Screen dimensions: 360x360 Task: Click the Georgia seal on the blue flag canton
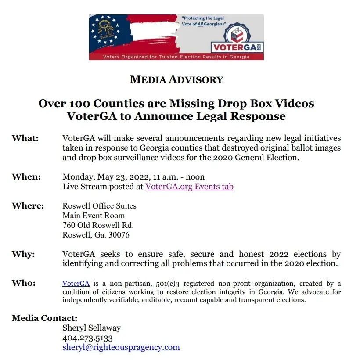coord(105,28)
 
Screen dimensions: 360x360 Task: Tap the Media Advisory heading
coord(176,79)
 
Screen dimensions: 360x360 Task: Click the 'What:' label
coord(25,138)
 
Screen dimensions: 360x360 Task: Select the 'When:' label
coord(26,177)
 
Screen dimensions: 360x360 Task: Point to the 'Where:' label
coord(28,206)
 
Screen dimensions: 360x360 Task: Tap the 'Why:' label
coord(23,254)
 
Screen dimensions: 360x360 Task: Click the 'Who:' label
coord(24,283)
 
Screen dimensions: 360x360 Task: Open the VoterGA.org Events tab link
coord(189,187)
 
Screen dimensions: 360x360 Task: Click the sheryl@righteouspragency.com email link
coord(121,347)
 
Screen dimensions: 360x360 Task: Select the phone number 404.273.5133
coord(88,338)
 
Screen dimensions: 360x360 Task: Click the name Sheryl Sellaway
coord(92,328)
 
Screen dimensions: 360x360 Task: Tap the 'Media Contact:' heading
coord(45,318)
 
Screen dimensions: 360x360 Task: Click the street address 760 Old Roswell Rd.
coord(98,225)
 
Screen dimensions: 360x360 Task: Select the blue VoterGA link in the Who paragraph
coord(76,284)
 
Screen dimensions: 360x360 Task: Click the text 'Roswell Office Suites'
coord(99,206)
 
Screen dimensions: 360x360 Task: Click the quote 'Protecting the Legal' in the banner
coord(203,18)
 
